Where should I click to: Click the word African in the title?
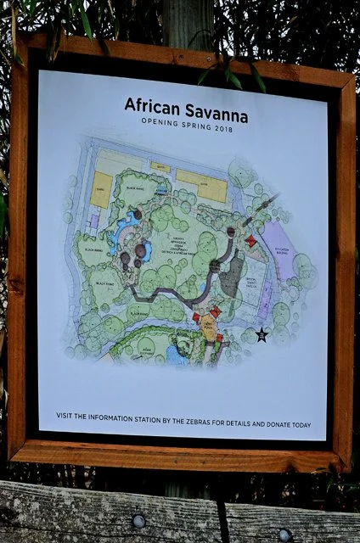149,106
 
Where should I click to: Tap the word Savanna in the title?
206,106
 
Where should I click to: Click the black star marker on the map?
262,335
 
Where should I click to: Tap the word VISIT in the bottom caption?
65,415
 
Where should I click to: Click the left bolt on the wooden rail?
138,520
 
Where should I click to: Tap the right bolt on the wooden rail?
284,533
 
